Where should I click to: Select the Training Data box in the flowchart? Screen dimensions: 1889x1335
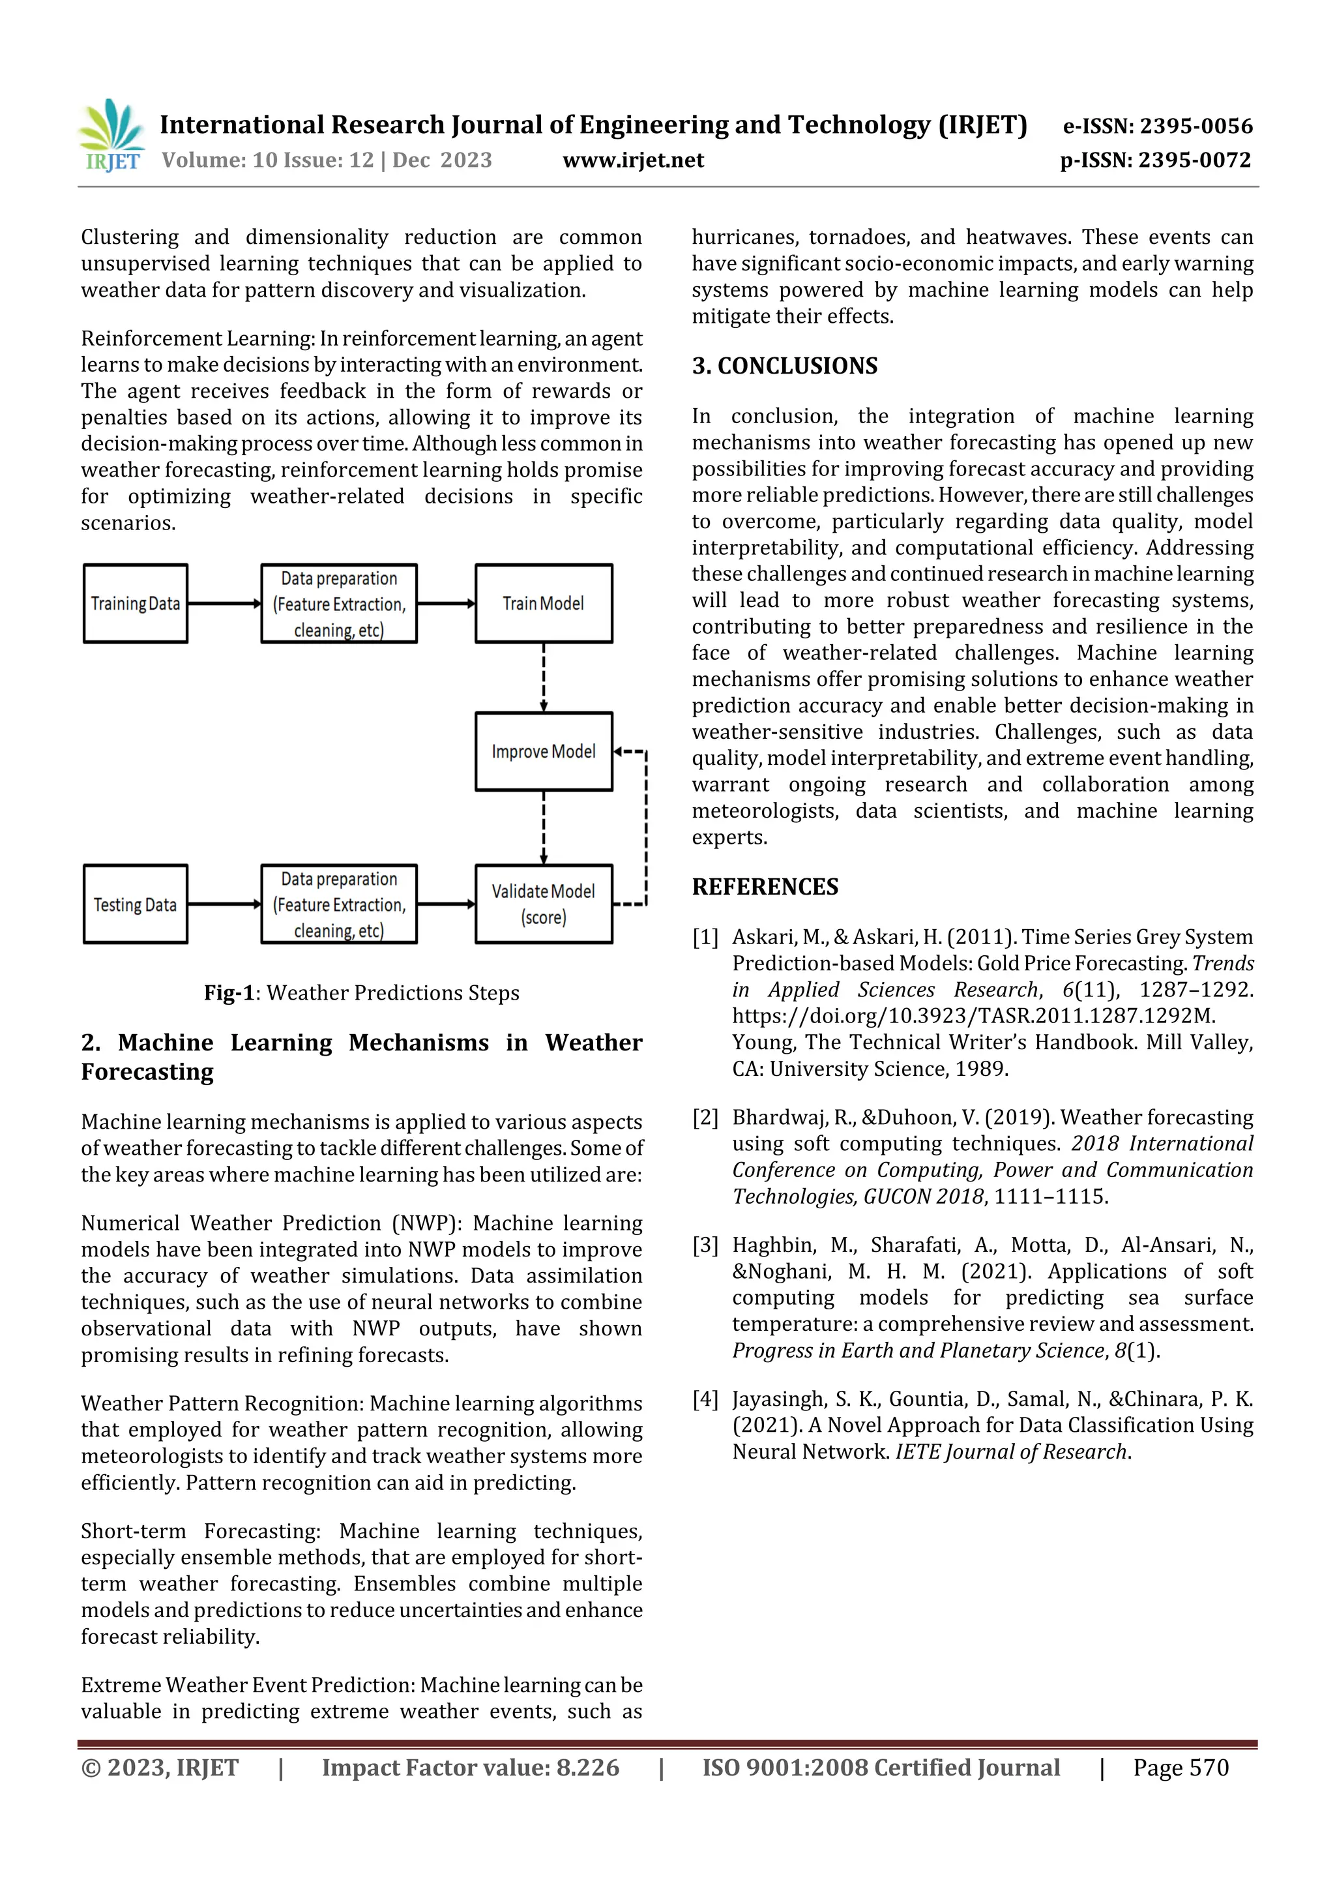pyautogui.click(x=136, y=603)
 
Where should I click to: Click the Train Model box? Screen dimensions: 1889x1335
pyautogui.click(x=543, y=603)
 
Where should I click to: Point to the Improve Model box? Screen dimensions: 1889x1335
pyautogui.click(x=543, y=751)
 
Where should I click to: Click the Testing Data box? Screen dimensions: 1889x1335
pyautogui.click(x=136, y=904)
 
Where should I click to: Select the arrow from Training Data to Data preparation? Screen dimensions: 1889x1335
pyautogui.click(x=224, y=603)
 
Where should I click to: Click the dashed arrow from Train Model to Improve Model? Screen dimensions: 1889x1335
pyautogui.click(x=543, y=676)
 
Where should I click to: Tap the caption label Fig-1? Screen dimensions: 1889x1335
pyautogui.click(x=229, y=993)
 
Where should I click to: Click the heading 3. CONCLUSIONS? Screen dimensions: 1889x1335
pyautogui.click(x=784, y=365)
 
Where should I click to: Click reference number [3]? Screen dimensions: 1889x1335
pyautogui.click(x=705, y=1245)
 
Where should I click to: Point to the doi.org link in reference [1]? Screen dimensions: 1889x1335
pyautogui.click(x=973, y=1016)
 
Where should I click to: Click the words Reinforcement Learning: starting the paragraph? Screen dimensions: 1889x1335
pyautogui.click(x=198, y=338)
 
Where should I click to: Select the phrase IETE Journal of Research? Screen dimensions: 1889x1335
pyautogui.click(x=1011, y=1451)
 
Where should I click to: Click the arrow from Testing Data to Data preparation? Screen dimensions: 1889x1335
pyautogui.click(x=224, y=904)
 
